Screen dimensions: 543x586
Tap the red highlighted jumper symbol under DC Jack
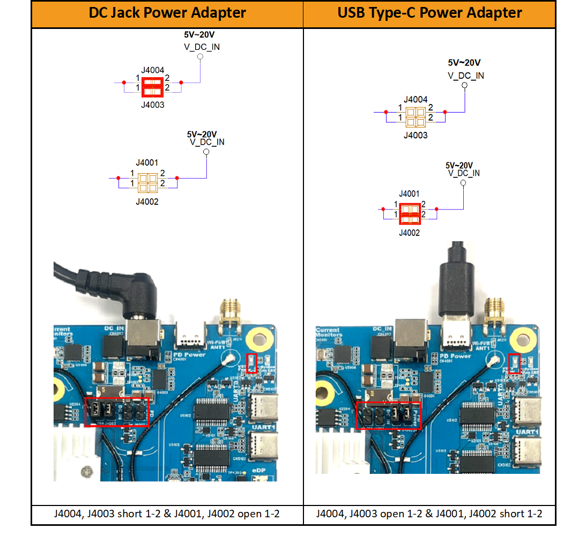(x=152, y=87)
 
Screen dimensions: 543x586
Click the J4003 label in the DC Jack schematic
(x=152, y=105)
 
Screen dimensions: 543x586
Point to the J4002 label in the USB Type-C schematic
(x=409, y=233)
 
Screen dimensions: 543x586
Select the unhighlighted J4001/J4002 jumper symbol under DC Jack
(x=147, y=183)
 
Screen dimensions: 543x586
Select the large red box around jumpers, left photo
(x=117, y=412)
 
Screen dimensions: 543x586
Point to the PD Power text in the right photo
(x=455, y=356)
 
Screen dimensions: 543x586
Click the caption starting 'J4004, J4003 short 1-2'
(x=167, y=514)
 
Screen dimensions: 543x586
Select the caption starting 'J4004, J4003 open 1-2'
(x=429, y=514)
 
